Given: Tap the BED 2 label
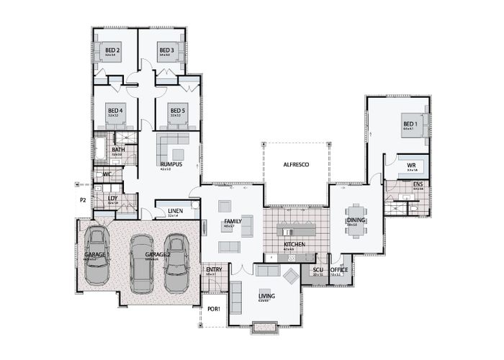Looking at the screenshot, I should [x=112, y=50].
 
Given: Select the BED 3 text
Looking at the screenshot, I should [x=167, y=50].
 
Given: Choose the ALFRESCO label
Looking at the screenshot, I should [x=295, y=165].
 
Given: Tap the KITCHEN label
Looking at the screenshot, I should [x=294, y=245].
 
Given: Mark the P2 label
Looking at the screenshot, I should [x=83, y=199].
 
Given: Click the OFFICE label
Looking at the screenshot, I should [x=339, y=270].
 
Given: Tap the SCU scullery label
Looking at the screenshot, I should [x=318, y=270].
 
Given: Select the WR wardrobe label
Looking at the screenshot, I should [x=412, y=166].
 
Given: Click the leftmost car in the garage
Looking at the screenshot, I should [x=96, y=256].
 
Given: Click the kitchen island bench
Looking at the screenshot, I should [x=297, y=232].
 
